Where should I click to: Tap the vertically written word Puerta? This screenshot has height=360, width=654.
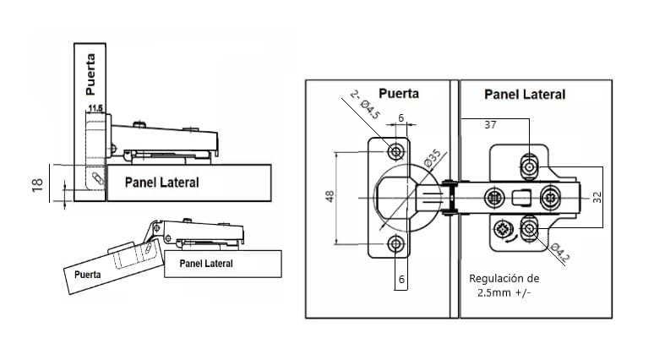tap(90, 74)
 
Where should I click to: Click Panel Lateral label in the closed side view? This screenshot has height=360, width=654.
tap(161, 182)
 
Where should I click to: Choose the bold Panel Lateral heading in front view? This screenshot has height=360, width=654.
tap(525, 94)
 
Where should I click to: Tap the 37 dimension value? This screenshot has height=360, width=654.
tap(490, 125)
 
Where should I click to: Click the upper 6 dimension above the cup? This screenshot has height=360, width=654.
tap(401, 117)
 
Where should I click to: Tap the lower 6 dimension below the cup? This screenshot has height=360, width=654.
tap(401, 277)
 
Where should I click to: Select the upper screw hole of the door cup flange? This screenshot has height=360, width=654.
tap(395, 151)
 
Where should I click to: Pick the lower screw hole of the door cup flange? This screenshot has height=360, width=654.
tap(395, 244)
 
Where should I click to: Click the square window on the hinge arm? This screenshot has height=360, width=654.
tap(522, 199)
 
